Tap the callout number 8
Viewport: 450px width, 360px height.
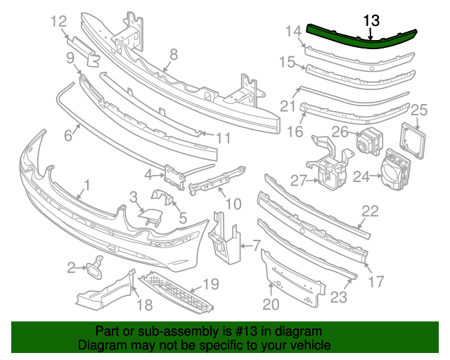173,54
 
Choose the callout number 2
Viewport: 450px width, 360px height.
72,267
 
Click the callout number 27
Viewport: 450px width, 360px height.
300,181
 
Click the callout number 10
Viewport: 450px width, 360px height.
233,205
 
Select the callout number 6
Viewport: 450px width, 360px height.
68,134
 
